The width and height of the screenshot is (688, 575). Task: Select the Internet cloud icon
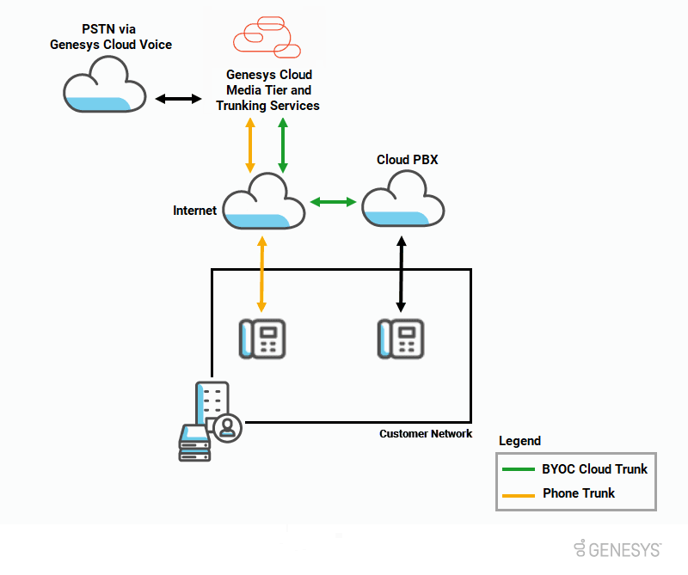point(264,203)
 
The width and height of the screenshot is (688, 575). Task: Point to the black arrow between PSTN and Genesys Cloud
point(177,100)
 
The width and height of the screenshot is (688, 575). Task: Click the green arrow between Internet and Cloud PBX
point(333,202)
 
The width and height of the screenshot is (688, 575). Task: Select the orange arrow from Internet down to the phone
point(261,276)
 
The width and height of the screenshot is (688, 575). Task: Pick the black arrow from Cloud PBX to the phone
point(400,275)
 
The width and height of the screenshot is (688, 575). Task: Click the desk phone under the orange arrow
point(261,338)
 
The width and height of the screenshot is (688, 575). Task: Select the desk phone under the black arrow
point(400,338)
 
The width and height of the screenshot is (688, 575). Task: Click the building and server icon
point(207,421)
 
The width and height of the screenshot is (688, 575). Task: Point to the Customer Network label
point(426,434)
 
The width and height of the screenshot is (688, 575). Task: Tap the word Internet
point(194,210)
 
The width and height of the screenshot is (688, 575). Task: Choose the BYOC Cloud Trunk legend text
point(594,469)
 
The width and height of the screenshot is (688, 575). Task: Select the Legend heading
point(519,441)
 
